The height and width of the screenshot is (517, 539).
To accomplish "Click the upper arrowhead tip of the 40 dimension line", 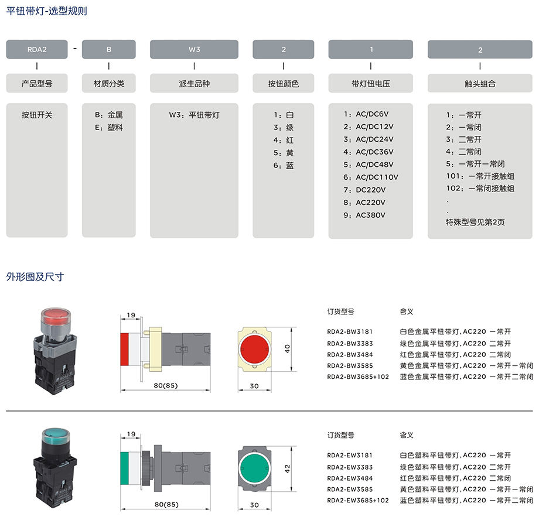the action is (x=292, y=327).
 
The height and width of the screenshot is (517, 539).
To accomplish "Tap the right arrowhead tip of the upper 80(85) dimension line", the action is (x=210, y=390).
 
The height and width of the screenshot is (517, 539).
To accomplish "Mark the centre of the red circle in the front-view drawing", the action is (x=254, y=349).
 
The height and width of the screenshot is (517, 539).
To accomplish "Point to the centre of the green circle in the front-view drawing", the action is (x=254, y=468).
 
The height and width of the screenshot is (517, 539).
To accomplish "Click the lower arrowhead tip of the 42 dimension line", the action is (x=292, y=491).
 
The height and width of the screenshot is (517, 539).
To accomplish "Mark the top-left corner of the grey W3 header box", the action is (x=150, y=40).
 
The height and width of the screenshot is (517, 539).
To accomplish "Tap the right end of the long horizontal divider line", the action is (x=533, y=410).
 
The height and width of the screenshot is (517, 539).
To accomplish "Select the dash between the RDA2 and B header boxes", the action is (x=74, y=49).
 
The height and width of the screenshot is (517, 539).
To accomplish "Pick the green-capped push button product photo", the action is (x=55, y=468).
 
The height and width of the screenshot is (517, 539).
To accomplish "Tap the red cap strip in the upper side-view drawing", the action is (x=124, y=349).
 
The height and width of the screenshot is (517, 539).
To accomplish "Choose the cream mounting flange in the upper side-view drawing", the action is (x=155, y=349).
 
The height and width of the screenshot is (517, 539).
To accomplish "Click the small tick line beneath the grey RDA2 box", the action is (x=37, y=66).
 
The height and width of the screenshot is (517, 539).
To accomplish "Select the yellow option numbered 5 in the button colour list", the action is (x=284, y=153).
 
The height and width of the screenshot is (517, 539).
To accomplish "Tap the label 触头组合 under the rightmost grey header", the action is (x=480, y=84).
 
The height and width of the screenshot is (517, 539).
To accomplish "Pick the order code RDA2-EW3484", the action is (x=350, y=478).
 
